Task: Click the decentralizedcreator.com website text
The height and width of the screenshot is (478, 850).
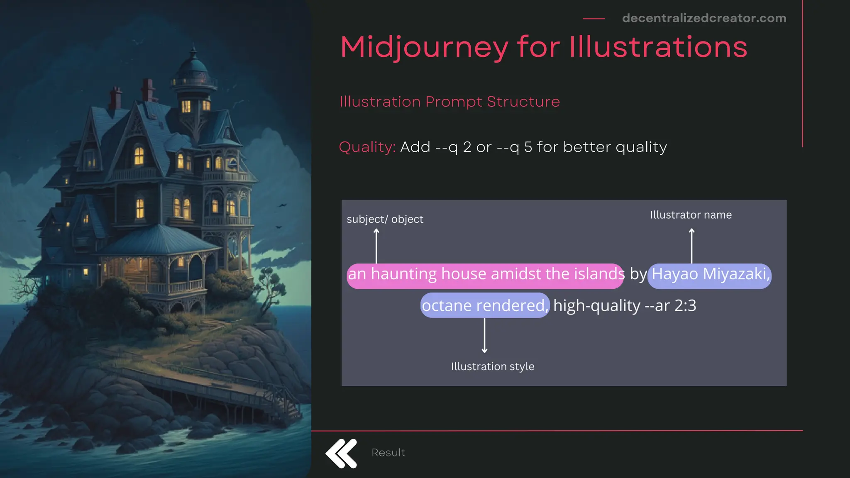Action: (x=704, y=18)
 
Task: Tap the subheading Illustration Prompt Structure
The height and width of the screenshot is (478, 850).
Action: (x=449, y=102)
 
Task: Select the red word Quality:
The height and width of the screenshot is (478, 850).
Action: (x=367, y=147)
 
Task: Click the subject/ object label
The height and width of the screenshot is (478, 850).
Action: (x=385, y=219)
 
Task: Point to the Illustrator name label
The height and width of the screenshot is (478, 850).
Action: (x=691, y=215)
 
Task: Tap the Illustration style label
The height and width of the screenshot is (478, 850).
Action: (x=492, y=366)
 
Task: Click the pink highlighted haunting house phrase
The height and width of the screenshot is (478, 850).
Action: (x=485, y=274)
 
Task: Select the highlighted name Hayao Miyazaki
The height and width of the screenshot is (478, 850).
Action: (x=710, y=274)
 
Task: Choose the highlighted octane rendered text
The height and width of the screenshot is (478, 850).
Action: (x=484, y=305)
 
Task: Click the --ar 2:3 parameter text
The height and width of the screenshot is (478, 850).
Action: (x=670, y=306)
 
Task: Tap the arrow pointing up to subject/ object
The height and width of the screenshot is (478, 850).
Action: (x=376, y=246)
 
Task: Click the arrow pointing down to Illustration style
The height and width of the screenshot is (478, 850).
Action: (x=484, y=335)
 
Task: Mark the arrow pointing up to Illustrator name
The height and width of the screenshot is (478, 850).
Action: (x=691, y=246)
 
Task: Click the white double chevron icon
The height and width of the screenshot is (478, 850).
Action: (x=341, y=453)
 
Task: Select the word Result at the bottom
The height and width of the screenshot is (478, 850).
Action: (x=388, y=453)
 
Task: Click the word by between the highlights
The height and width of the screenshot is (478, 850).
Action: (x=638, y=274)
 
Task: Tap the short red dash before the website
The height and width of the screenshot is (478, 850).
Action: (x=594, y=19)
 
